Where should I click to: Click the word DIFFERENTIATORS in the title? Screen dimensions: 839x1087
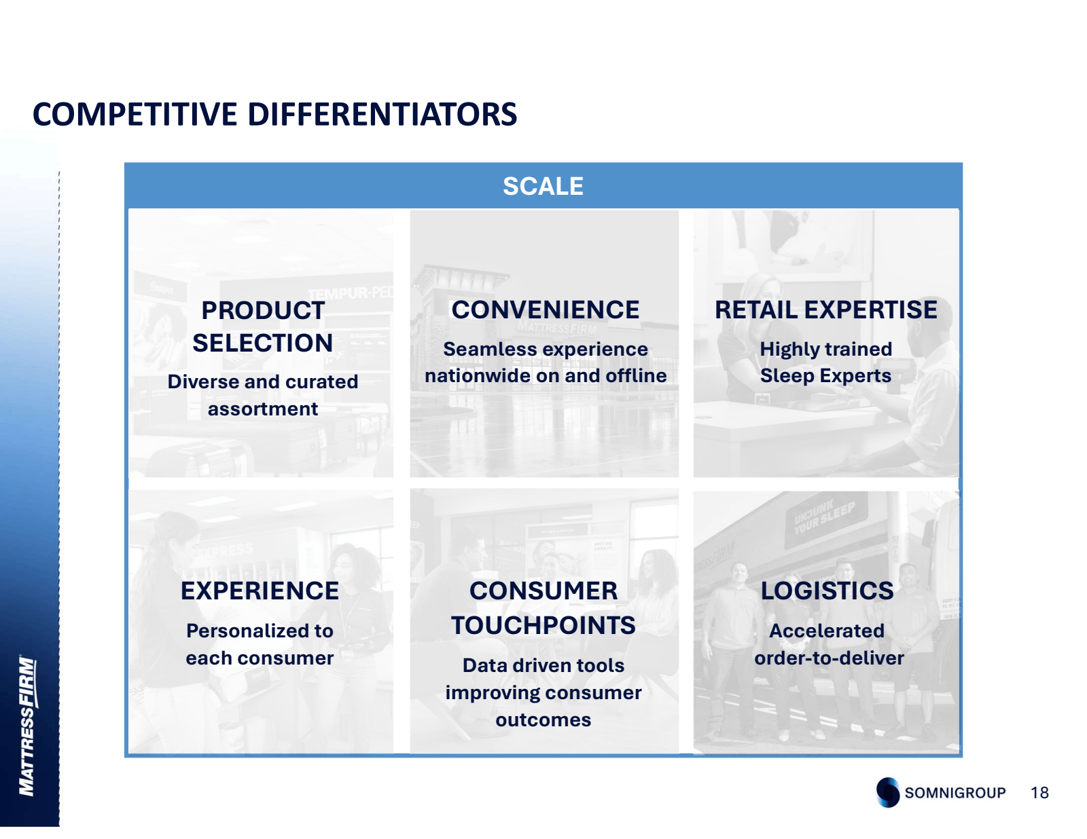pos(382,114)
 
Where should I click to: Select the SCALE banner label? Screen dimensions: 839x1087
pos(543,186)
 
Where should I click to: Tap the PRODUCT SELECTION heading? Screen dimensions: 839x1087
pos(263,327)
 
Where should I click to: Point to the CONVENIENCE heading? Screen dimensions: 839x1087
pos(546,310)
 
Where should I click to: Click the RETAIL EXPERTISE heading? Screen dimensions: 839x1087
pos(825,310)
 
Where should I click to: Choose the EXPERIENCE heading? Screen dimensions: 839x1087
pos(260,591)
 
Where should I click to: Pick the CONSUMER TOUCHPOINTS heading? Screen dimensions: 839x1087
pos(543,608)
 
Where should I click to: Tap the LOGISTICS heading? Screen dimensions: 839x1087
pos(827,591)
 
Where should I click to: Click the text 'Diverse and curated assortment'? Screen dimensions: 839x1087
pos(263,395)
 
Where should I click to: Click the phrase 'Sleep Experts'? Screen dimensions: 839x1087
pos(825,375)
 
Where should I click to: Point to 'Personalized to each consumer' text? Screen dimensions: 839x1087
pos(260,644)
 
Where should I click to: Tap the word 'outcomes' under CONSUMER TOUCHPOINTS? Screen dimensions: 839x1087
pos(543,720)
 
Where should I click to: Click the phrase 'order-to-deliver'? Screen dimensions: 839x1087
pos(829,658)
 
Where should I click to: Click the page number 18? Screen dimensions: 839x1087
pos(1039,792)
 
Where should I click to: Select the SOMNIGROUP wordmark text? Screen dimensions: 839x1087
pos(955,793)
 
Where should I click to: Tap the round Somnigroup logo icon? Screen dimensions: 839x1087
pos(888,792)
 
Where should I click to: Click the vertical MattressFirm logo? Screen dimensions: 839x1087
pos(27,726)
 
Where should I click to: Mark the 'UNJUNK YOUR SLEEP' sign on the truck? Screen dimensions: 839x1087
pos(824,517)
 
